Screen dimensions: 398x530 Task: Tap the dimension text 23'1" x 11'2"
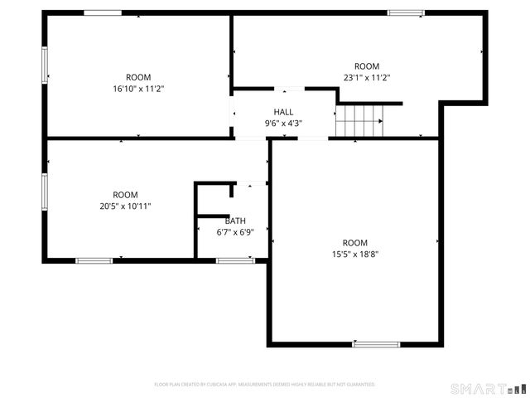366,77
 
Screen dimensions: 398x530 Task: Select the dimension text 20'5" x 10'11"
125,206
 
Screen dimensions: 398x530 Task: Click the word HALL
283,112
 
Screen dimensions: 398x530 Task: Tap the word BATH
235,221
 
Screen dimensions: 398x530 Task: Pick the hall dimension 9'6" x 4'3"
283,124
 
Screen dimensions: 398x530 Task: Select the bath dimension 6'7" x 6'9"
235,232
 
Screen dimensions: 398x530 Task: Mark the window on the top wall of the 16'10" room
103,13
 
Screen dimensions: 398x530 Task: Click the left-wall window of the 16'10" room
45,64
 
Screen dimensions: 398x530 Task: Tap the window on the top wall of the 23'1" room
406,13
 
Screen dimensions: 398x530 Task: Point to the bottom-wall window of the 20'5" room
94,261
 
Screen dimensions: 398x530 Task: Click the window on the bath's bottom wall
235,261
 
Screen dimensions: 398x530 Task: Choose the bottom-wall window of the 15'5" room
376,344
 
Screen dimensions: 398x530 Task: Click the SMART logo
488,388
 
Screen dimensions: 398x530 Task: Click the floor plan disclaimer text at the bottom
265,385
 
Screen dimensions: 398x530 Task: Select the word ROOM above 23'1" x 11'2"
366,66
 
